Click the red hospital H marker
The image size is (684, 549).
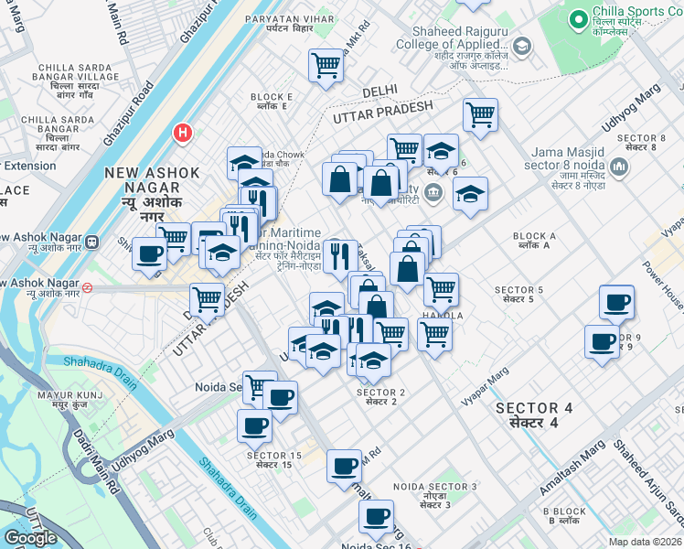183,134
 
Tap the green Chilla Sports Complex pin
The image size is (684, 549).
577,18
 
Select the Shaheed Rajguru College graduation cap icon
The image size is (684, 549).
521,46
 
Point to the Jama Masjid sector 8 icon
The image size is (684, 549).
619,167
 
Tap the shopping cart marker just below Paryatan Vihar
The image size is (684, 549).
326,66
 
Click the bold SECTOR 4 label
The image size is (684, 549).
527,414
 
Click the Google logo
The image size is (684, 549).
30,537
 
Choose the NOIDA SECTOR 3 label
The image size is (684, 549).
435,491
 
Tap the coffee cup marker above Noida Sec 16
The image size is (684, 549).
376,517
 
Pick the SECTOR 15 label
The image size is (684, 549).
273,460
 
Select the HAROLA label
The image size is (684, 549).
443,316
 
